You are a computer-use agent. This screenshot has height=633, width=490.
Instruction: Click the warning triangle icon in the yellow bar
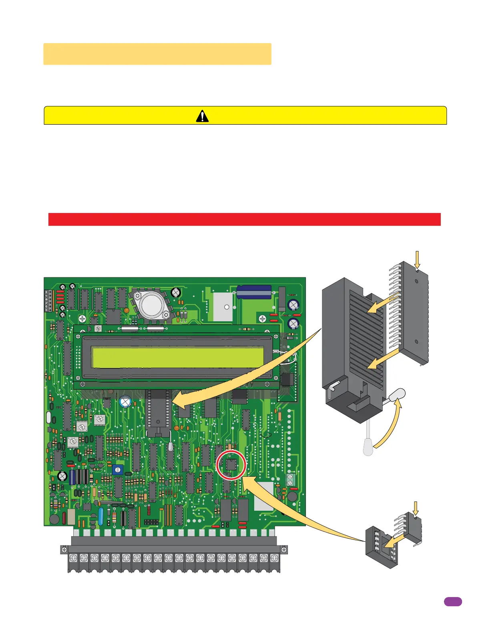click(x=202, y=116)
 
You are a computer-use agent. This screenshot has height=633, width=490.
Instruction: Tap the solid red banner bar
click(x=244, y=219)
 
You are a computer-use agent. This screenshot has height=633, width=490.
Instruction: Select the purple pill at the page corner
click(x=453, y=602)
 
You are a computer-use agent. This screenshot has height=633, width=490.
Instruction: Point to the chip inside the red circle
click(x=231, y=465)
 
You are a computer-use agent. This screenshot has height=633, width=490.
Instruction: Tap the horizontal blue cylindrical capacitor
click(x=254, y=292)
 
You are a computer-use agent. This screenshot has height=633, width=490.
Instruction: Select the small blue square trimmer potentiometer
click(x=117, y=470)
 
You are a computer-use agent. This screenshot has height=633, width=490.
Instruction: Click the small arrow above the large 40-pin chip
click(x=417, y=259)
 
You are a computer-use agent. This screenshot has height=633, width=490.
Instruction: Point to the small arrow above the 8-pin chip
click(x=416, y=508)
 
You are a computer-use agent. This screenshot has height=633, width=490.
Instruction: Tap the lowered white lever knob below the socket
click(x=368, y=446)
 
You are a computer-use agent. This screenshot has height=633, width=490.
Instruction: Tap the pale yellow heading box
click(x=157, y=54)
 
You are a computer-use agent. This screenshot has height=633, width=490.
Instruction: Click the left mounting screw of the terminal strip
click(x=64, y=550)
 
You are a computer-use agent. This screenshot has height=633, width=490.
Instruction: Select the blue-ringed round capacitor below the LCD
click(x=126, y=402)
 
